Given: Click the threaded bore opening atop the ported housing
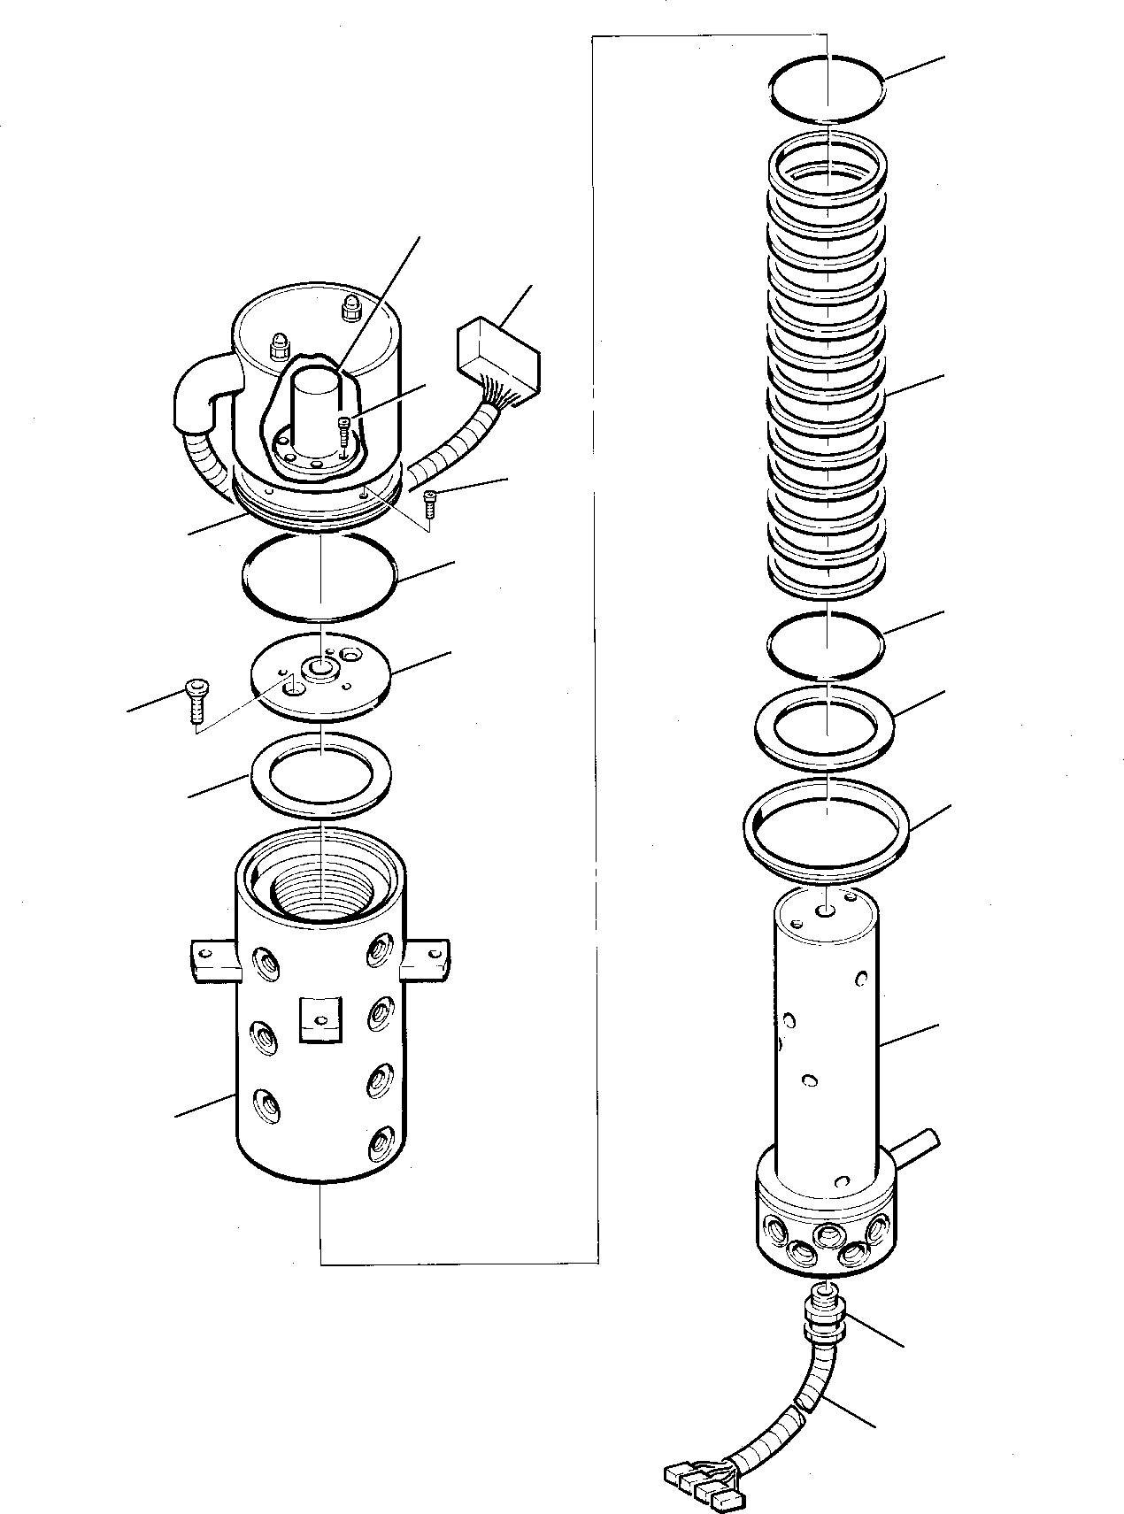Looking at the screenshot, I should pyautogui.click(x=321, y=895).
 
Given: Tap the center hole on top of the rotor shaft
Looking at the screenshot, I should pyautogui.click(x=827, y=910).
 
